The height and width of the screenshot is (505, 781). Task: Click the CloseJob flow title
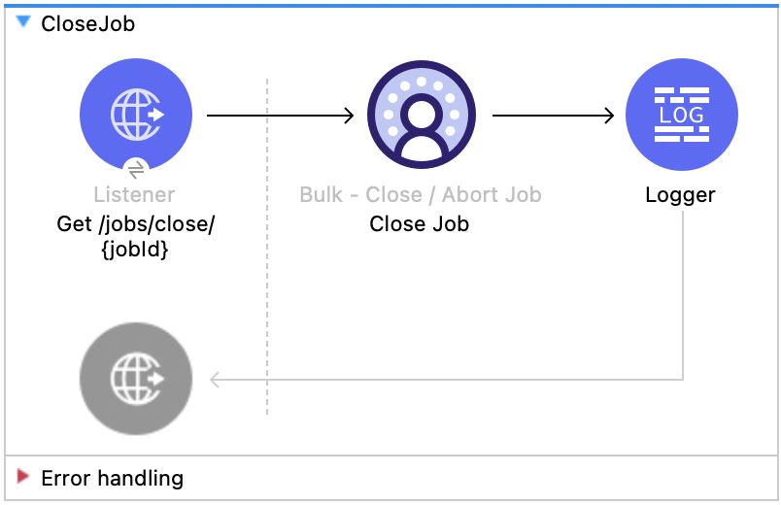[87, 24]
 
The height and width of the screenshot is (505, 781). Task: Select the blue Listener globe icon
[136, 115]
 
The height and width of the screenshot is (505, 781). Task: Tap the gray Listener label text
[135, 194]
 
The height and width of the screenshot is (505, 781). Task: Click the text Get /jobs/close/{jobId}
[136, 237]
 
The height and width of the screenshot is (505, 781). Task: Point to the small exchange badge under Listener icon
[136, 168]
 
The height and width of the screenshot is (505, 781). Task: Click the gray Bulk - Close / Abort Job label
[421, 194]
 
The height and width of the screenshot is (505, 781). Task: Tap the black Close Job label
[420, 224]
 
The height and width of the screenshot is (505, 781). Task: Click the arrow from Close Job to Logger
[554, 117]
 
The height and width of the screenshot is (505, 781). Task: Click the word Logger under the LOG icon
[680, 195]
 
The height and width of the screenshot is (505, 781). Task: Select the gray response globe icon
[136, 378]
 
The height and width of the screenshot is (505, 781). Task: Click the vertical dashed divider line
[267, 291]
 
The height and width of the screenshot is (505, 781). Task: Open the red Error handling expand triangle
[24, 477]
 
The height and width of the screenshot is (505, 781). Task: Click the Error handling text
[112, 478]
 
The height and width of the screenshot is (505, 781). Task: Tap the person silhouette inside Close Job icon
[421, 126]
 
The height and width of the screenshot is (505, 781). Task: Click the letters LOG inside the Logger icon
[681, 116]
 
